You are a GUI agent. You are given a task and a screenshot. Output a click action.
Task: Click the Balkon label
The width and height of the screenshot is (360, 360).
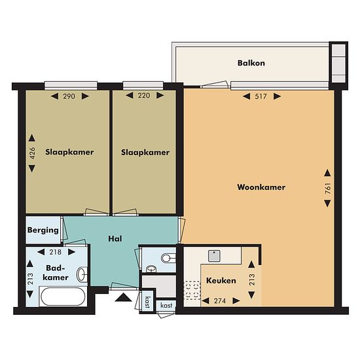click(x=251, y=63)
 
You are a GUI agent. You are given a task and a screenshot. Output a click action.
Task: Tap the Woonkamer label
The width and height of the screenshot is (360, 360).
click(x=261, y=187)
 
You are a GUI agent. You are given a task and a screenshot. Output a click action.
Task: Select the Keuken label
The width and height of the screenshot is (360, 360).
click(x=221, y=281)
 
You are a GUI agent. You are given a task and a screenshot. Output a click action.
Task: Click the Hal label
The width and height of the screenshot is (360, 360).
click(x=115, y=239)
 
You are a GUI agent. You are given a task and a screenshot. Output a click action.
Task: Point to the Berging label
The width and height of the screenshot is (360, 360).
click(x=43, y=230)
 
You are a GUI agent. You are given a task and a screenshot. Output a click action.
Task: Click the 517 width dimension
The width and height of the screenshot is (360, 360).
click(x=261, y=96)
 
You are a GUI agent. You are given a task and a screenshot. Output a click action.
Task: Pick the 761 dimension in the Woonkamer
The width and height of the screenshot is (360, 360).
click(x=328, y=189)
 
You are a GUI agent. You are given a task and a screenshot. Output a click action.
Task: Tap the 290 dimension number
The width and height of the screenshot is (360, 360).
click(x=69, y=96)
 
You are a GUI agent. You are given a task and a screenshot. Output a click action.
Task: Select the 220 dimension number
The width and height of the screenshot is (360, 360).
click(x=144, y=96)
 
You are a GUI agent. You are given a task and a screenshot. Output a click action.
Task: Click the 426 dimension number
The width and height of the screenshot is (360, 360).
click(x=32, y=153)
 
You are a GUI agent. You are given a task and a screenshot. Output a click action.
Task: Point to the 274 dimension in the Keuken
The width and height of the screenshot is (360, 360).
click(x=220, y=301)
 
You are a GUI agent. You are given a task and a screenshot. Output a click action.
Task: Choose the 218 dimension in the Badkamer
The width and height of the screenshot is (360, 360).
click(x=56, y=252)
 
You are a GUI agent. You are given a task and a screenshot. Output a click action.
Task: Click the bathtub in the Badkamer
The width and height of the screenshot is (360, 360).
click(x=63, y=296)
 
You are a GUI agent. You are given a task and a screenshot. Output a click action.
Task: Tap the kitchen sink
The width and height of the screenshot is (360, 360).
click(x=214, y=256)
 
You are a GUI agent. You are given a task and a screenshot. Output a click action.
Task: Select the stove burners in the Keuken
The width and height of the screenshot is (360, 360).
click(x=192, y=291)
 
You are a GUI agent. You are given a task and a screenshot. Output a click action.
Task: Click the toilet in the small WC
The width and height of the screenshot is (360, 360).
click(x=168, y=258)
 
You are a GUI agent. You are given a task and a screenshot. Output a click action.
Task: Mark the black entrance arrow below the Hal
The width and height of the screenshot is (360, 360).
click(x=123, y=297)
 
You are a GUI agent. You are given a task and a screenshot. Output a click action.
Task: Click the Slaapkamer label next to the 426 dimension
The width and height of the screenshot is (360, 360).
click(x=69, y=152)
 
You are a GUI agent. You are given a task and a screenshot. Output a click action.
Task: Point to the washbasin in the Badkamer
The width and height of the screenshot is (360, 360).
click(x=82, y=274)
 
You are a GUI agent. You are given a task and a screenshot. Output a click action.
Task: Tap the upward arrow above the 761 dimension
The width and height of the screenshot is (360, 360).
click(x=327, y=173)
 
